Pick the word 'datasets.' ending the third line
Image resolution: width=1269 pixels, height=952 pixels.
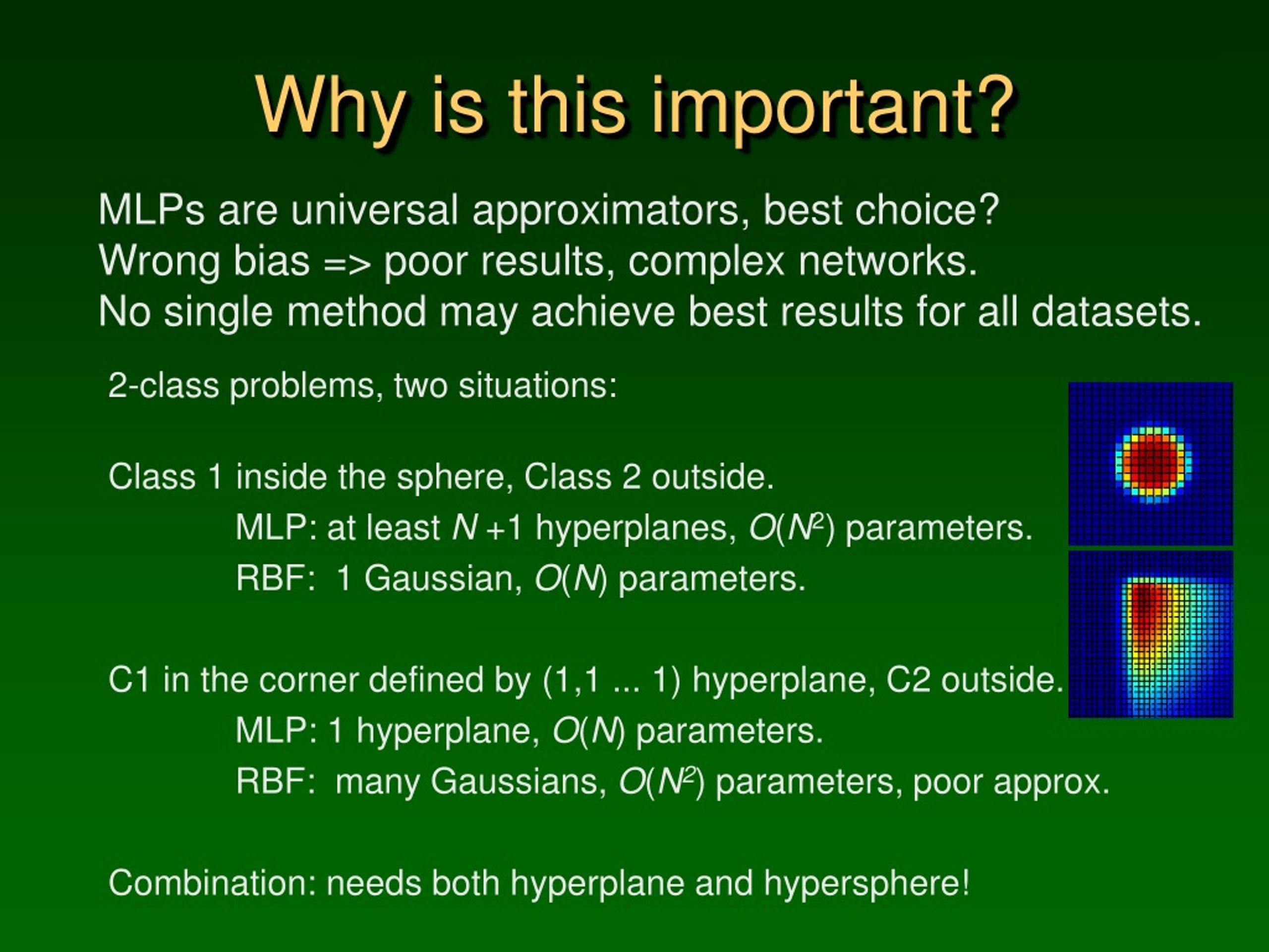click(1116, 312)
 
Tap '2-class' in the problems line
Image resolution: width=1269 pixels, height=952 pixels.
click(164, 385)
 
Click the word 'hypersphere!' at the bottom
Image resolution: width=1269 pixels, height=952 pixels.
click(867, 884)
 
